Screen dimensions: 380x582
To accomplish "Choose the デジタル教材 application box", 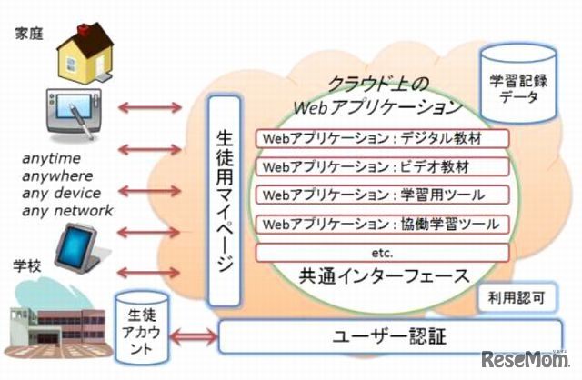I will click(x=382, y=140).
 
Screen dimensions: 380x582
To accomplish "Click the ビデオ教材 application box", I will click(x=382, y=168).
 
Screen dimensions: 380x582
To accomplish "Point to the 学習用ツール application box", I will click(x=382, y=195).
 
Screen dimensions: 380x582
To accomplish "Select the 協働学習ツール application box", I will click(x=382, y=224).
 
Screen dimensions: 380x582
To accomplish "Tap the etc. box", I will click(x=382, y=251).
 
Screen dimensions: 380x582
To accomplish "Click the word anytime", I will click(x=50, y=159).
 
